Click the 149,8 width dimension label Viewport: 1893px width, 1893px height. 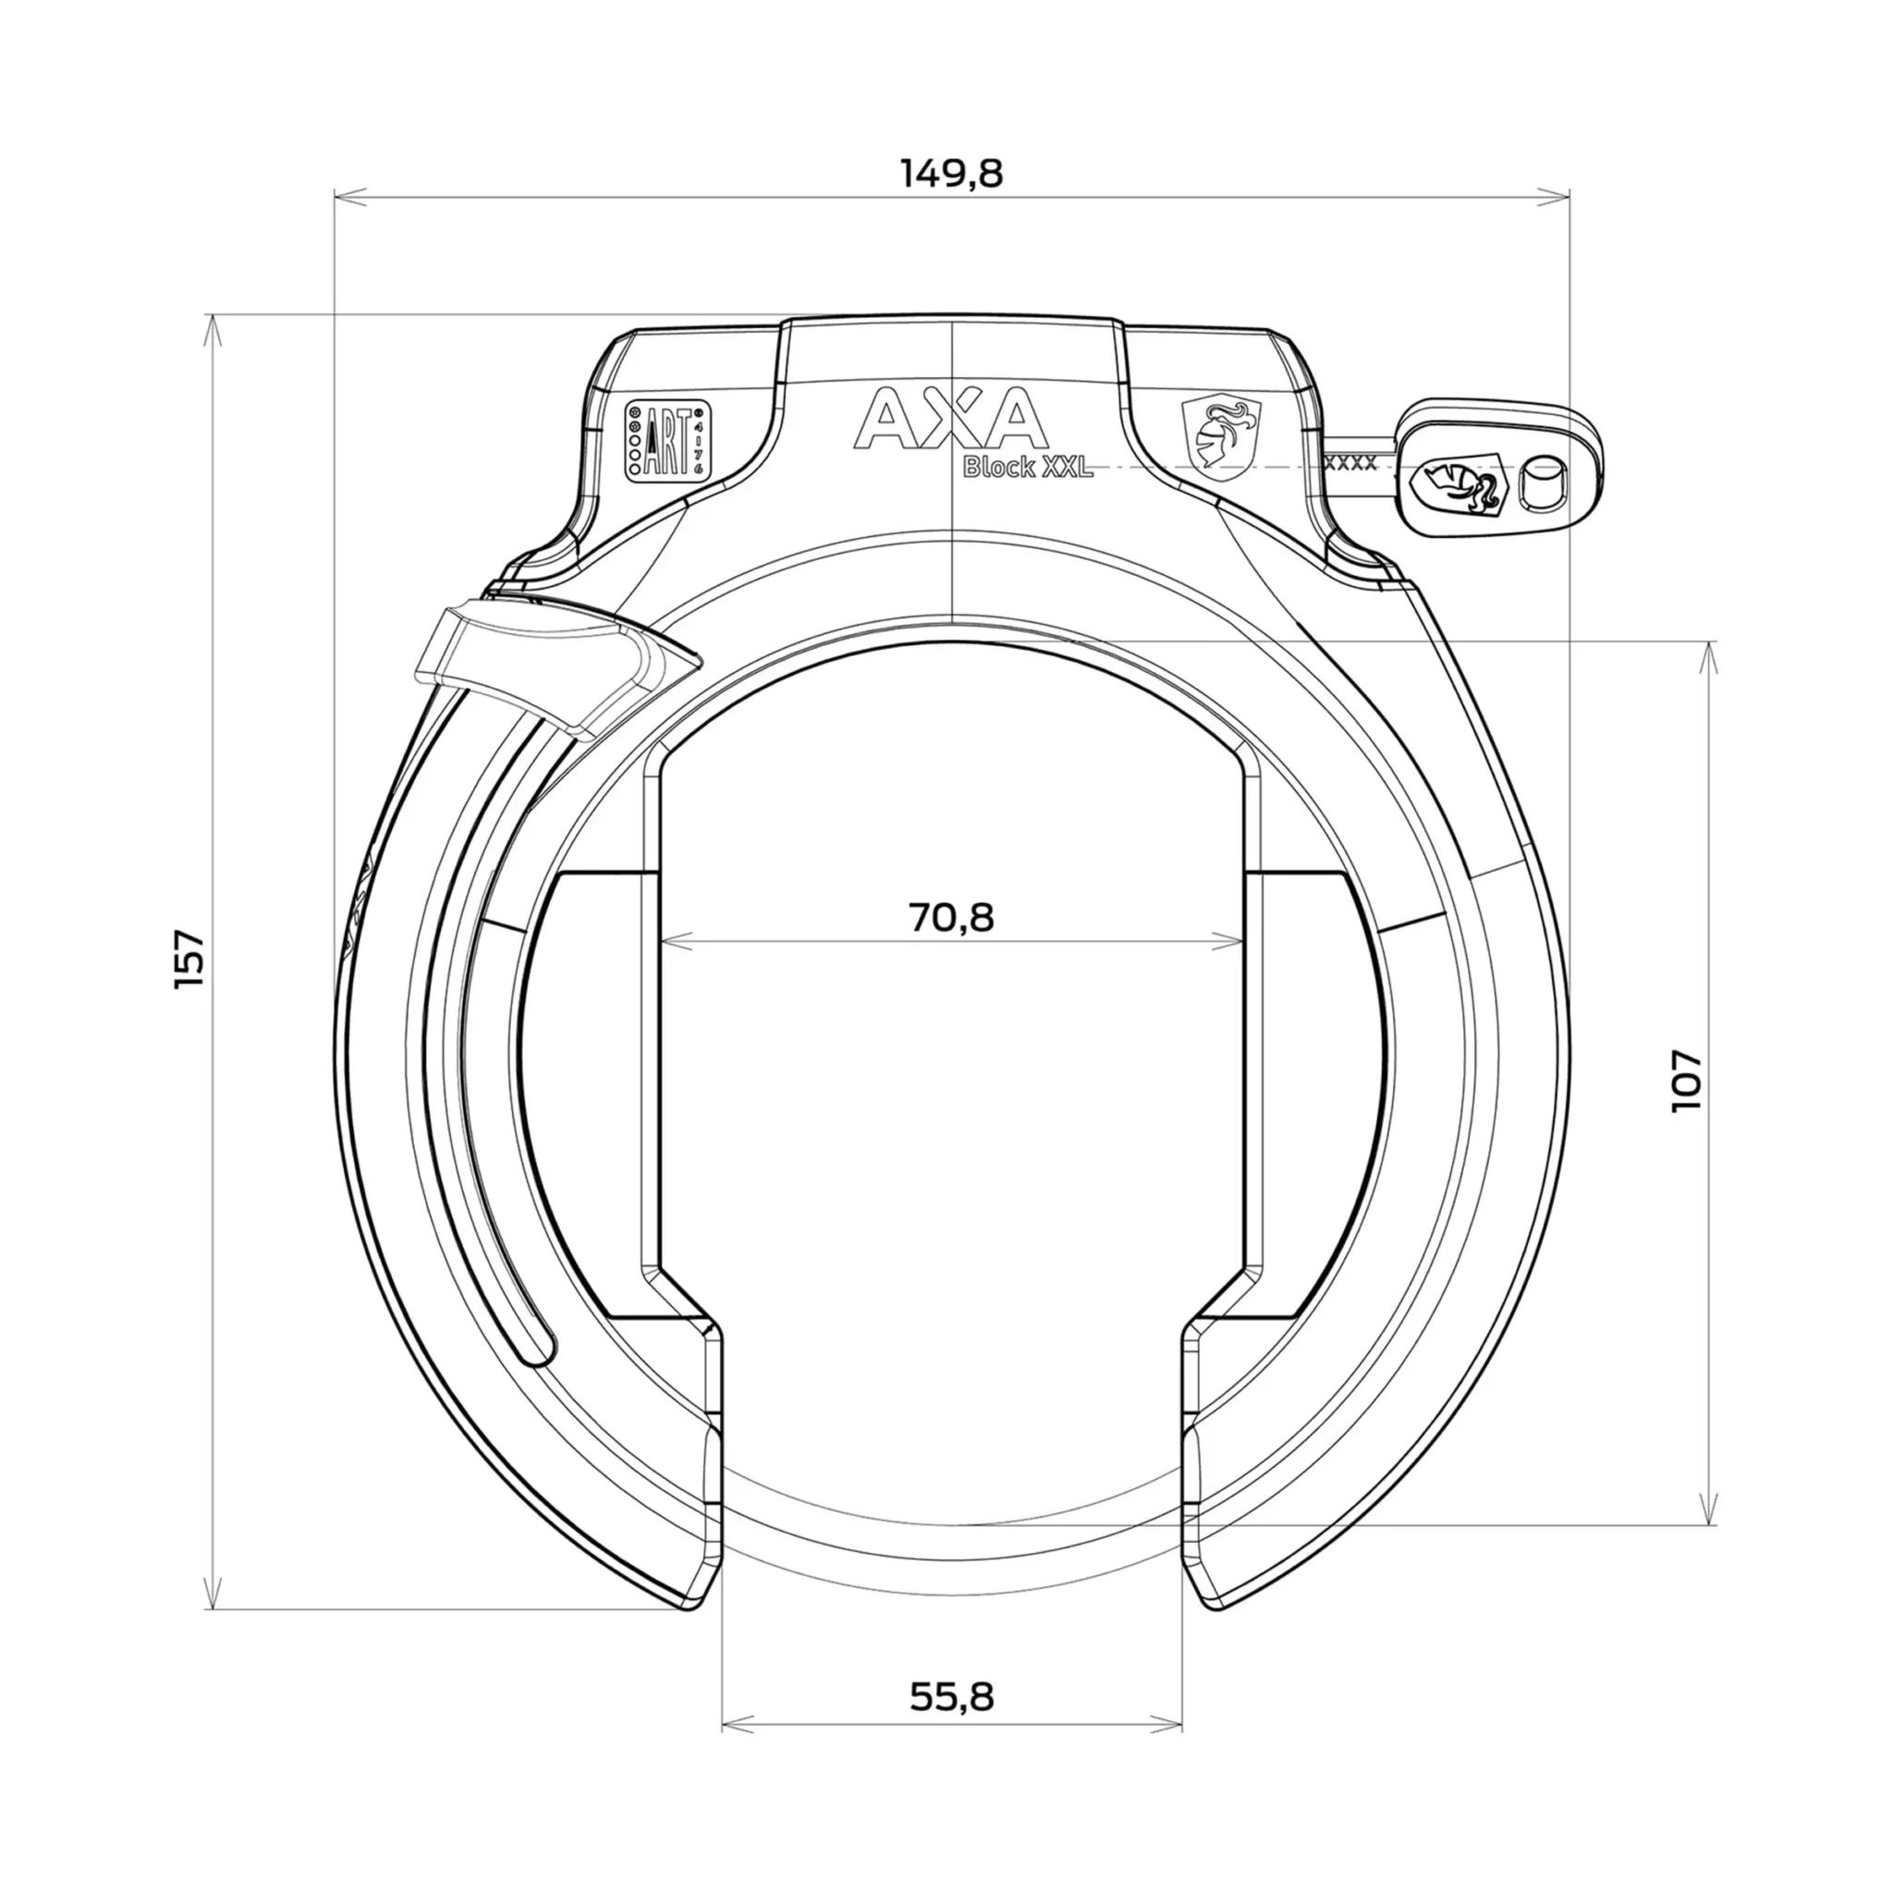pyautogui.click(x=951, y=175)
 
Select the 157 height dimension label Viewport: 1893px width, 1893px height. pyautogui.click(x=191, y=959)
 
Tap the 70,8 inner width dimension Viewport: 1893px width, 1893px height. pyautogui.click(x=951, y=918)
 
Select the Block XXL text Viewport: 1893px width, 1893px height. pyautogui.click(x=1028, y=469)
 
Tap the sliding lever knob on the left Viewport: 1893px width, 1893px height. pyautogui.click(x=560, y=667)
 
